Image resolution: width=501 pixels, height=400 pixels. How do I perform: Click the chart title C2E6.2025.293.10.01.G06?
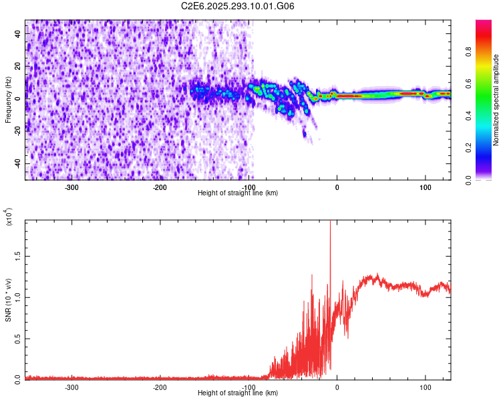[x=238, y=6]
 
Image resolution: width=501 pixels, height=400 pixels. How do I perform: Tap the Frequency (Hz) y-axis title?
[x=8, y=100]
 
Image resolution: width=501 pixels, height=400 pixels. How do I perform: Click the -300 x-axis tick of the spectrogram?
[x=72, y=187]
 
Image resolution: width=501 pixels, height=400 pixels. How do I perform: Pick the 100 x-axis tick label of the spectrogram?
[x=425, y=187]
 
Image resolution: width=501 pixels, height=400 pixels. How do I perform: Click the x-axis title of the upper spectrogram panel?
[x=238, y=193]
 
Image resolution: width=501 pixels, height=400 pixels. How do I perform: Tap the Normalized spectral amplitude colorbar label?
[x=496, y=100]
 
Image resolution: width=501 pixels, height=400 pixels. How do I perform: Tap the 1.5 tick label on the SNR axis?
[x=17, y=255]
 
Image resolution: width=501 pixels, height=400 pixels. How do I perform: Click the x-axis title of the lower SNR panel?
[x=238, y=393]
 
